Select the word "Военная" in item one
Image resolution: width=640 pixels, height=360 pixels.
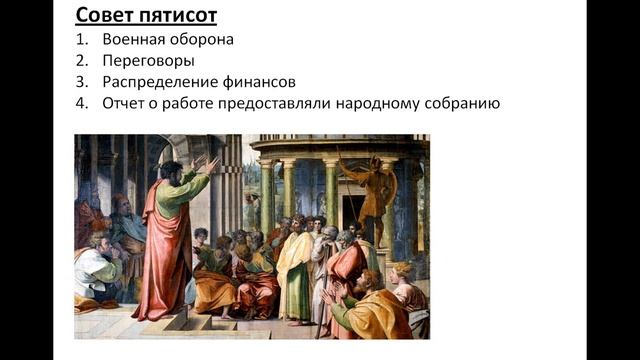(x=135, y=40)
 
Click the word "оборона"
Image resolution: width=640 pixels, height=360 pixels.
(x=205, y=40)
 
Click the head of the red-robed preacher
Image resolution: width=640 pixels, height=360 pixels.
(x=171, y=174)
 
